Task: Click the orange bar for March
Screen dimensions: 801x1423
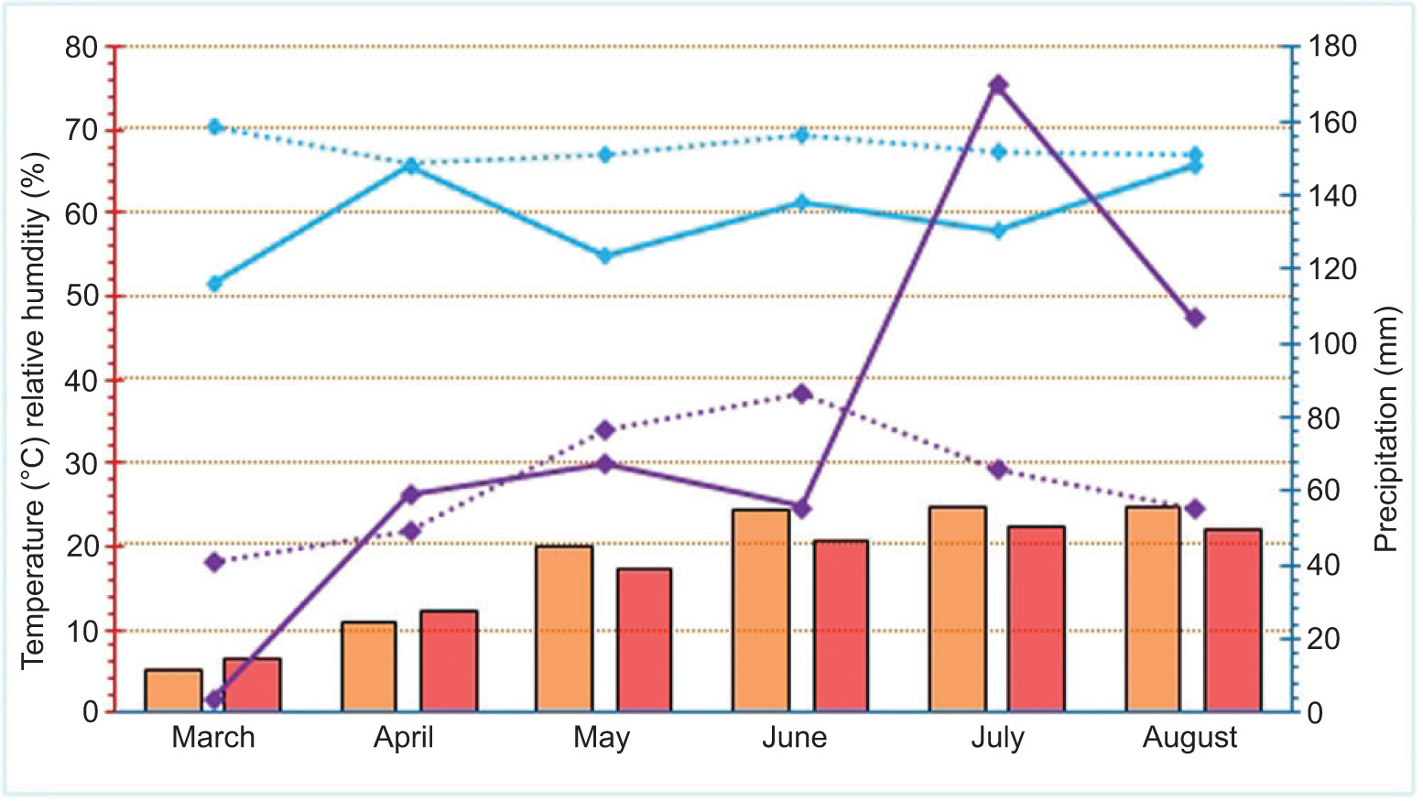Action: click(173, 690)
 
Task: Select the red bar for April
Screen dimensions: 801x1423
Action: click(449, 661)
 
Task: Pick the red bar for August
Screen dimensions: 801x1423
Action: click(1233, 620)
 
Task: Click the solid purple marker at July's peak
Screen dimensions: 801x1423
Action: click(998, 85)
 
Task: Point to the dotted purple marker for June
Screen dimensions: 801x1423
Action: click(802, 394)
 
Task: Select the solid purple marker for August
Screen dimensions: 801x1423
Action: click(1195, 318)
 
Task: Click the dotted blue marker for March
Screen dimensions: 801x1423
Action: click(214, 126)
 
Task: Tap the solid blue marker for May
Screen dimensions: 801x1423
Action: click(604, 255)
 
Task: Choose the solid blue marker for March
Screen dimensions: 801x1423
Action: click(214, 284)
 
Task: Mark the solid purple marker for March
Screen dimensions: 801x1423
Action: click(214, 700)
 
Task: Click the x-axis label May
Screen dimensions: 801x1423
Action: click(602, 738)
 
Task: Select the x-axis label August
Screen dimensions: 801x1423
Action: click(1189, 738)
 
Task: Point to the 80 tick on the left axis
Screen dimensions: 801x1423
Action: click(81, 47)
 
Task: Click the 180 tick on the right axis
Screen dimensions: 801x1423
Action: click(1332, 47)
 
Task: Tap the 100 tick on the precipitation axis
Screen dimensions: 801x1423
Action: click(1332, 344)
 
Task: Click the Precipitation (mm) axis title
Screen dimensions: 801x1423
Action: click(1388, 428)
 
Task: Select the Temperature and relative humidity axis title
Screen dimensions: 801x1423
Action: click(33, 410)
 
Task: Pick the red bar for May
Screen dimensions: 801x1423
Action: click(644, 640)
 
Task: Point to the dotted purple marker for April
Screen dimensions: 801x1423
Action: click(410, 531)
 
